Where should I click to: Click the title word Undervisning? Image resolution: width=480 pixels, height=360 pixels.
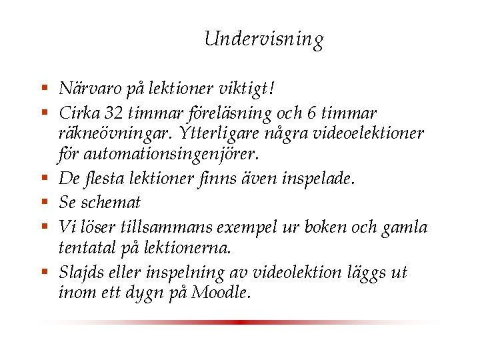tap(264, 39)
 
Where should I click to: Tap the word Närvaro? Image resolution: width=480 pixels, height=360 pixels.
tap(85, 88)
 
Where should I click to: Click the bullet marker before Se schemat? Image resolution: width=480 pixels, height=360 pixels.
tap(45, 201)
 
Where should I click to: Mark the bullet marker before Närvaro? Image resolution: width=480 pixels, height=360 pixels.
tap(45, 87)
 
